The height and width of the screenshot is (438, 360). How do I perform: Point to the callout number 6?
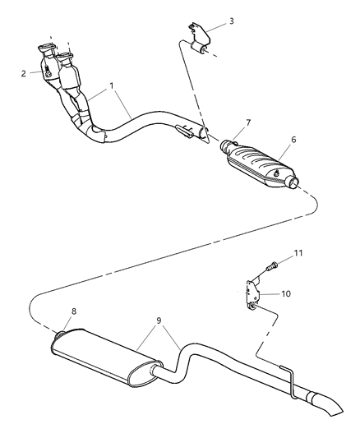293,139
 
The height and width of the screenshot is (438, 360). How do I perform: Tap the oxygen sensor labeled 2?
51,74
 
